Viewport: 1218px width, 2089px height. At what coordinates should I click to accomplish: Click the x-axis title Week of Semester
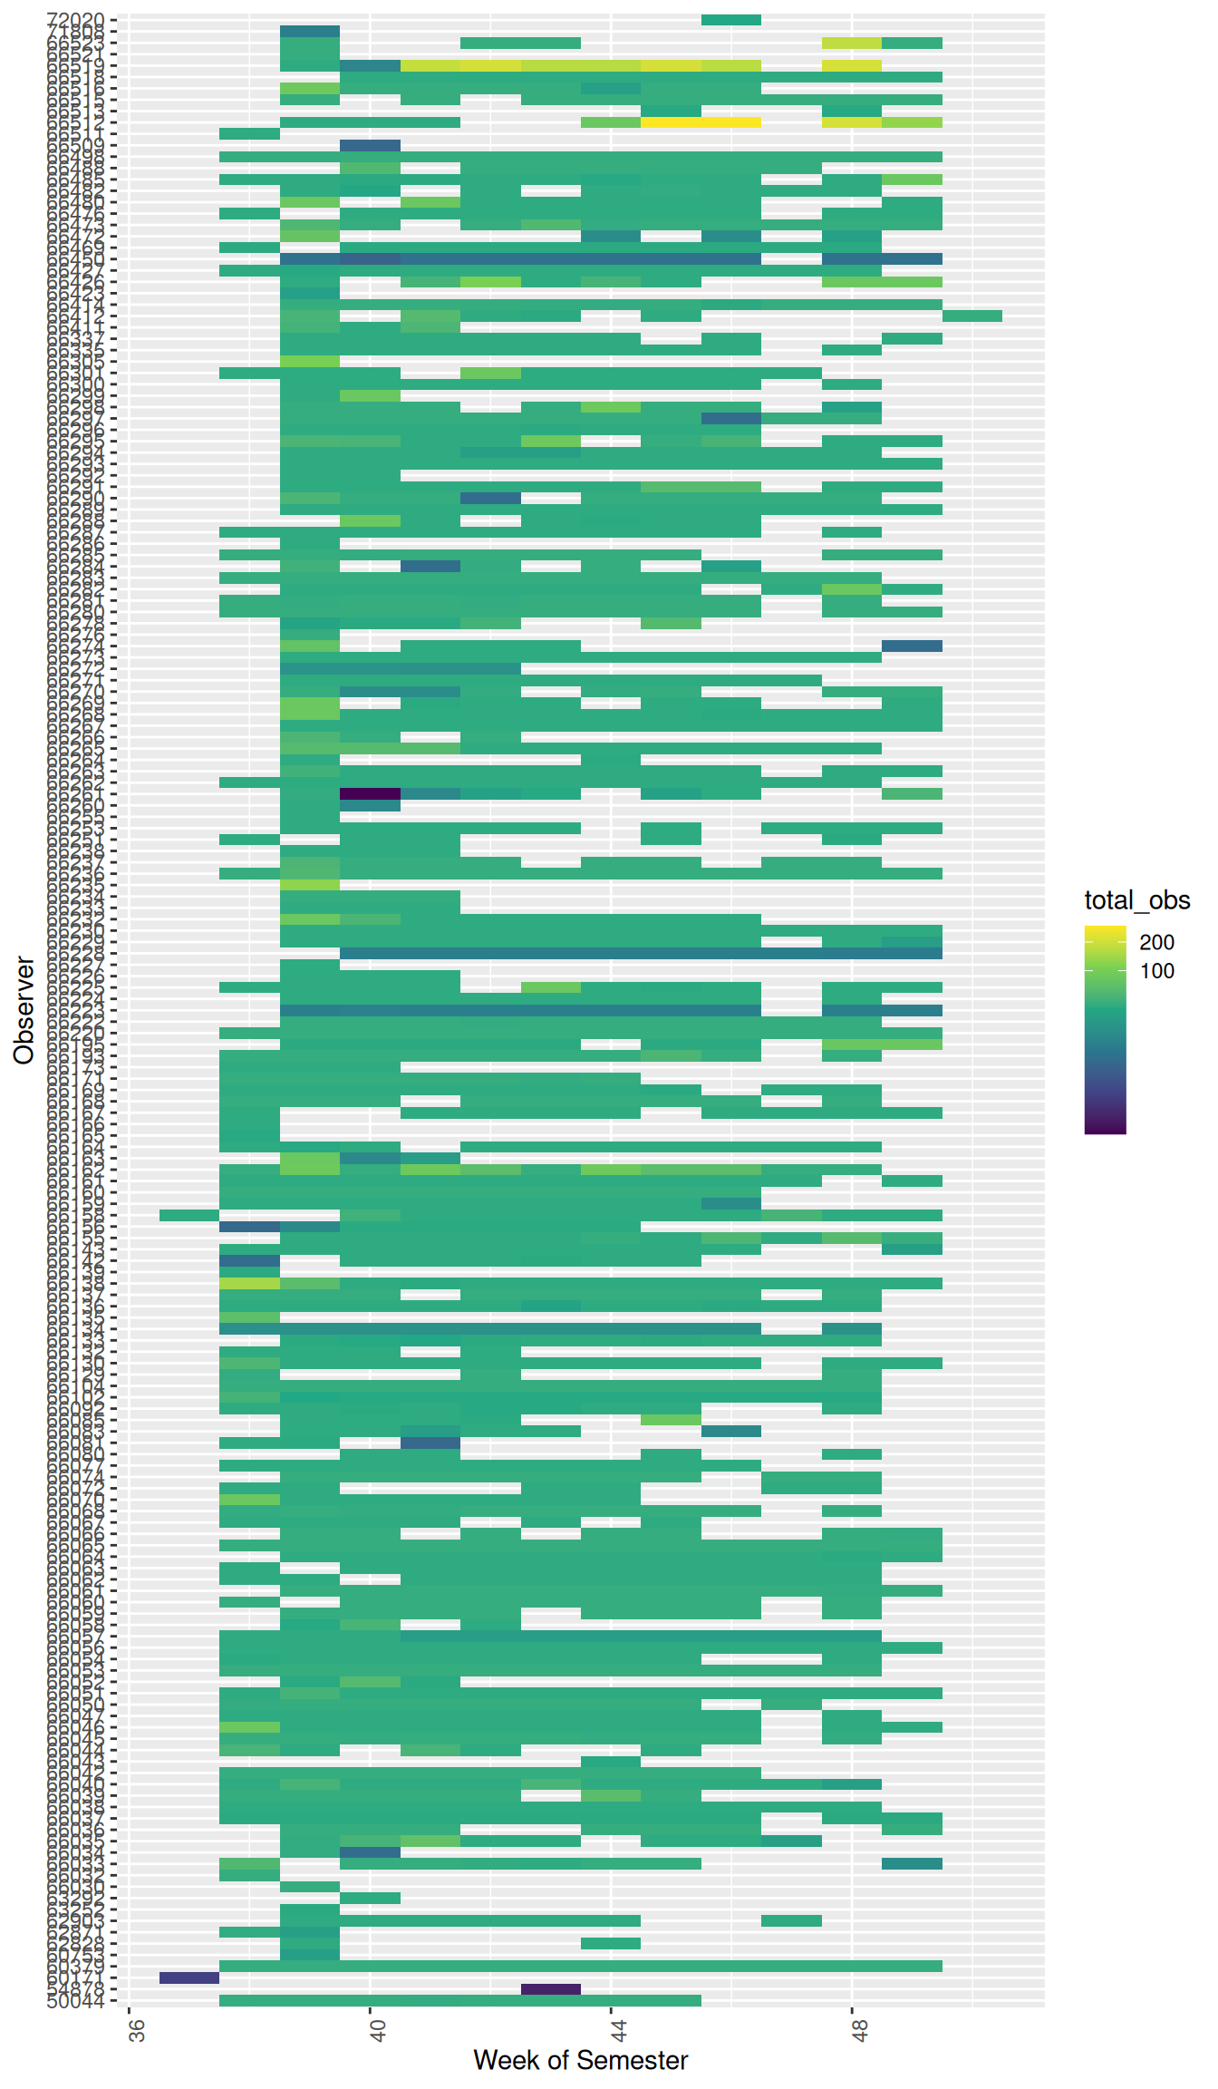coord(580,2061)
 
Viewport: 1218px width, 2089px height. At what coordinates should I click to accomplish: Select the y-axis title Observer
coord(24,1010)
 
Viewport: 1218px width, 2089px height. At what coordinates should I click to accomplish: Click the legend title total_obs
coord(1136,900)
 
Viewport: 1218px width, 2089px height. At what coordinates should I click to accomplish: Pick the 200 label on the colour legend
coord(1156,943)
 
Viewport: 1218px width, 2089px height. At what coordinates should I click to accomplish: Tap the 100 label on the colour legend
coord(1156,971)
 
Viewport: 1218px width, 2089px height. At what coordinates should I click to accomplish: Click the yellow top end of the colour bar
coord(1105,931)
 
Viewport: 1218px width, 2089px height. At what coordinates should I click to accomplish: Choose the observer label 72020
coord(76,19)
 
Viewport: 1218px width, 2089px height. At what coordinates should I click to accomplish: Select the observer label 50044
coord(76,2001)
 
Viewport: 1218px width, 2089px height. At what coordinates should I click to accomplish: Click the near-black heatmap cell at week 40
coord(370,793)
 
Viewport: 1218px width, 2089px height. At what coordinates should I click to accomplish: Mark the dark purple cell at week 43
coord(550,1989)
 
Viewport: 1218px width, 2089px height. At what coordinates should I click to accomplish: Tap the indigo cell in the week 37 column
coord(189,1977)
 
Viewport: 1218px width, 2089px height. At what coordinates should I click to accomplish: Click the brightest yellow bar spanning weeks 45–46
coord(701,122)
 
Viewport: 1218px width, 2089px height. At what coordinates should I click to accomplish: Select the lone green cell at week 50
coord(971,316)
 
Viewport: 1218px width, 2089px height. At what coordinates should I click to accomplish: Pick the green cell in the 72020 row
coord(730,19)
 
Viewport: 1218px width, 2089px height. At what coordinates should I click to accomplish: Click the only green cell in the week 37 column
coord(189,1215)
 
